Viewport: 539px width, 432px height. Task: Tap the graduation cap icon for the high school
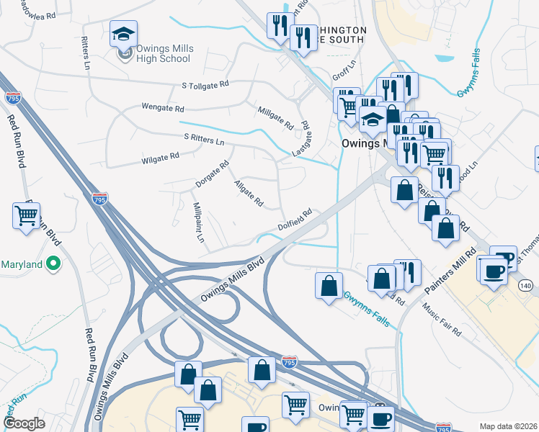[124, 34]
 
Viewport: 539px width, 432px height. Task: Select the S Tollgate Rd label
[205, 85]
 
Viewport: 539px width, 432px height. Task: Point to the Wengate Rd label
[164, 109]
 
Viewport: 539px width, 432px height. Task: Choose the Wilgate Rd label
[160, 157]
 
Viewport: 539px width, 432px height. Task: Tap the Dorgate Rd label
[212, 174]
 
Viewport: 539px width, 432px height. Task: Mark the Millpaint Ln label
[197, 221]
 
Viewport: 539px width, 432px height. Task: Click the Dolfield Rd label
[296, 220]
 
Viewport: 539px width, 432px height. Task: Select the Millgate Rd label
[276, 117]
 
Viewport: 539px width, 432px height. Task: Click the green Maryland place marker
[52, 264]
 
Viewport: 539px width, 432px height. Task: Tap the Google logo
[24, 423]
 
